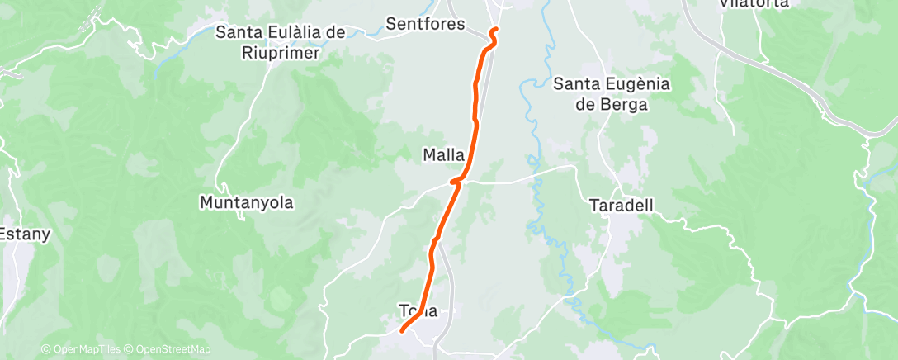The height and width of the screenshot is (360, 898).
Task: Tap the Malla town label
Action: coord(443,154)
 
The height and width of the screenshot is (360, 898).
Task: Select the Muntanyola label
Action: coord(247,201)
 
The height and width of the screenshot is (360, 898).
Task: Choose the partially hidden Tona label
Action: coord(418,311)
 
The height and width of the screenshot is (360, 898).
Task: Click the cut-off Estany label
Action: coord(25,234)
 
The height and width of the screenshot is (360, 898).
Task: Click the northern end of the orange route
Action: coord(494,31)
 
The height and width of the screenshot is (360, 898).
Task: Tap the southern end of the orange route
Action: coord(402,330)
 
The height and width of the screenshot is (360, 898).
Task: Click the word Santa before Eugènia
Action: coord(572,84)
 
